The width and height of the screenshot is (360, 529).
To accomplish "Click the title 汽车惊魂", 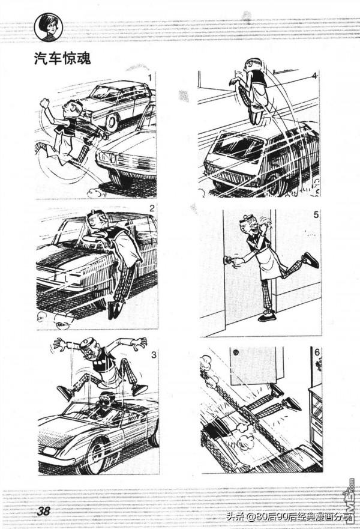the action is pyautogui.click(x=62, y=59).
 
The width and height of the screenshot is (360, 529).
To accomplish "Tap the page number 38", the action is pyautogui.click(x=43, y=511).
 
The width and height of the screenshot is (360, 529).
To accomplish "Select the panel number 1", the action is pyautogui.click(x=149, y=78).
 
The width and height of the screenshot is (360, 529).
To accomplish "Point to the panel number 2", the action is pyautogui.click(x=152, y=208).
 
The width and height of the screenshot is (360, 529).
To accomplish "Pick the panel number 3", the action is pyautogui.click(x=154, y=355).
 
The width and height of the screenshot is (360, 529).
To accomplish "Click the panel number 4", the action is pyautogui.click(x=314, y=76).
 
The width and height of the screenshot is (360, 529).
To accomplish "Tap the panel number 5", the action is pyautogui.click(x=316, y=214).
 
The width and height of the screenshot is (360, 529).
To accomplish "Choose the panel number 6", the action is pyautogui.click(x=317, y=352).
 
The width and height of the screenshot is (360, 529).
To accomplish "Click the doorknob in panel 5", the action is pyautogui.click(x=227, y=259).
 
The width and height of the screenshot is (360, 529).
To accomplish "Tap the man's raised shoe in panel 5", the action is pyautogui.click(x=310, y=260).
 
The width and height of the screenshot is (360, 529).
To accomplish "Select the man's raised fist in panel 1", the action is pyautogui.click(x=44, y=103).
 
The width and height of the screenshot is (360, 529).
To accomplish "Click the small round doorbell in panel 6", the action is pyautogui.click(x=235, y=353).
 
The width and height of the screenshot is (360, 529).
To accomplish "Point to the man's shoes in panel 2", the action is pyautogui.click(x=114, y=310).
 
